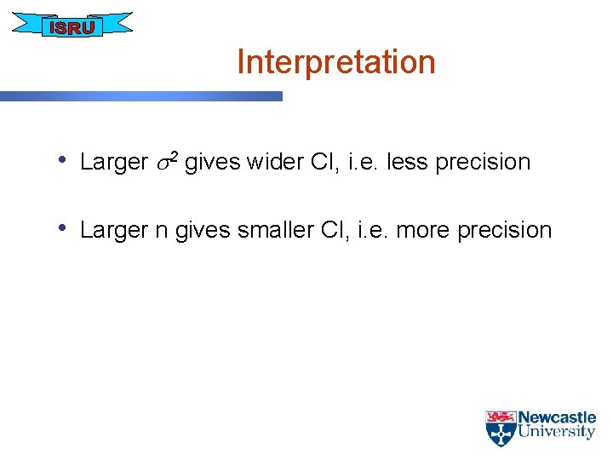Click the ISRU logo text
pyautogui.click(x=73, y=27)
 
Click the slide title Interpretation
pyautogui.click(x=335, y=62)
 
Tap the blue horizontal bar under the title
pyautogui.click(x=140, y=96)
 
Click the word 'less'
pyautogui.click(x=407, y=162)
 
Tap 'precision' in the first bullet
pyautogui.click(x=482, y=163)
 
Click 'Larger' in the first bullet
pyautogui.click(x=114, y=163)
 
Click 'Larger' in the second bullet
pyautogui.click(x=114, y=231)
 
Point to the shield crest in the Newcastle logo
pyautogui.click(x=500, y=429)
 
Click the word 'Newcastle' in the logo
pyautogui.click(x=557, y=418)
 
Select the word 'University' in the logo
pyautogui.click(x=557, y=432)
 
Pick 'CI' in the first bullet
pyautogui.click(x=328, y=162)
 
